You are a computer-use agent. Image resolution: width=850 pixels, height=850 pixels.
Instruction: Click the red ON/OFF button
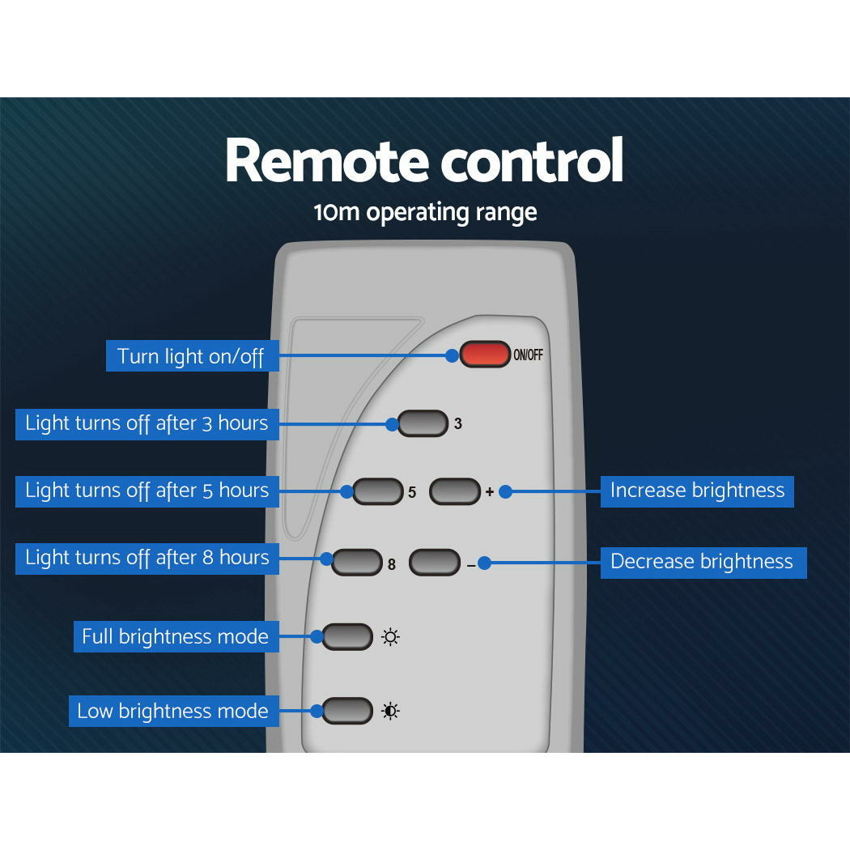[485, 354]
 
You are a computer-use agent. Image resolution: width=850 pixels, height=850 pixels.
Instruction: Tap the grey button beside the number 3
[423, 423]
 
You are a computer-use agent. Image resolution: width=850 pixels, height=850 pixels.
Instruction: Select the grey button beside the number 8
[357, 562]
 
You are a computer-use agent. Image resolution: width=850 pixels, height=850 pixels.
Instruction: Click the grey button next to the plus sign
[455, 491]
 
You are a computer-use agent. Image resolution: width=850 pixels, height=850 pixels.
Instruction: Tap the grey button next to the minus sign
[435, 562]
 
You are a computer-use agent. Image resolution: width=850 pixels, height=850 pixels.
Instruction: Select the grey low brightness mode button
[347, 711]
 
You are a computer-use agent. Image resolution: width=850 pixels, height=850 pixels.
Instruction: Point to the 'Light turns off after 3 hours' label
[147, 424]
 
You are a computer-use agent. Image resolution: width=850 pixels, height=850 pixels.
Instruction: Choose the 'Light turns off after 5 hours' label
[147, 491]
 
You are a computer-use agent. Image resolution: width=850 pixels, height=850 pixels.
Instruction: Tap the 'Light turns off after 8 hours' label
[147, 559]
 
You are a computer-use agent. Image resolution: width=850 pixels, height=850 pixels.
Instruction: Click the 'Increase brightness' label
[697, 491]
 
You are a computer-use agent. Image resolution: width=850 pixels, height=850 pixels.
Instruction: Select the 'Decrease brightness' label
[703, 563]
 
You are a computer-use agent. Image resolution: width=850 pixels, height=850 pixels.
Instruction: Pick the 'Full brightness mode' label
[176, 636]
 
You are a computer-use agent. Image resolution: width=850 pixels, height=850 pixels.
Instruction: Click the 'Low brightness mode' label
[174, 712]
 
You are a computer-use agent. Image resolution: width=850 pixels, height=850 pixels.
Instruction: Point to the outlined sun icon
[390, 637]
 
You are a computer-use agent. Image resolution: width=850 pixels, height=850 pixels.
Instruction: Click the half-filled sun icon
[390, 711]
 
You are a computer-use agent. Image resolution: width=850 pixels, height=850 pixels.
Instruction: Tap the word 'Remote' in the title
[327, 161]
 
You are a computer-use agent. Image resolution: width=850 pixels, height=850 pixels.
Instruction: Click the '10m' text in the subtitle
[337, 212]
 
